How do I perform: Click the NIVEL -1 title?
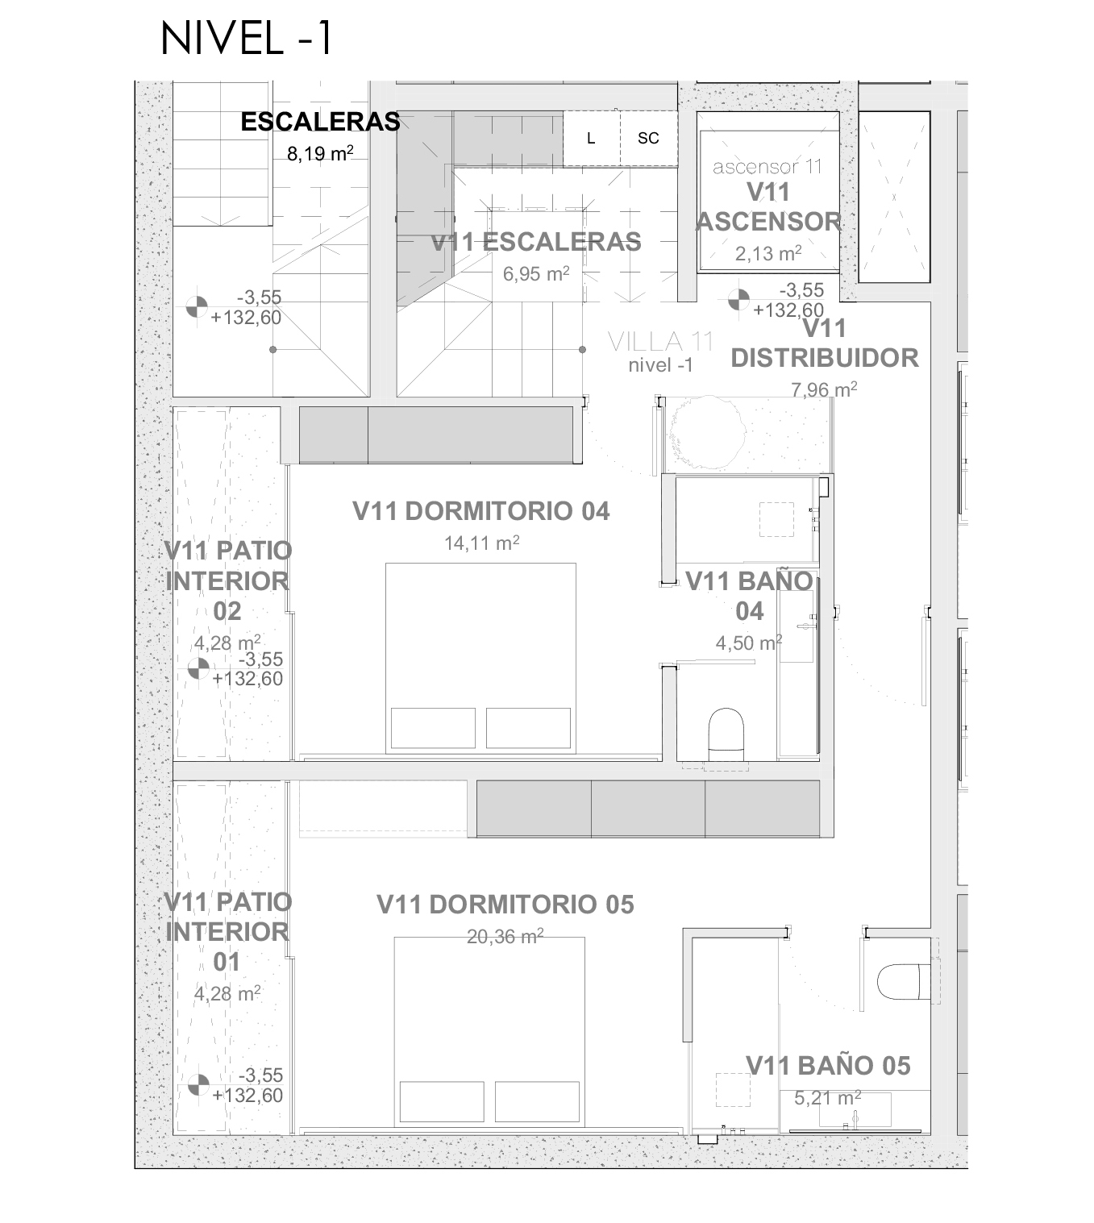tap(247, 39)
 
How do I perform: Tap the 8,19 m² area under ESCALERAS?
tap(320, 154)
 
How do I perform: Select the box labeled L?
tap(592, 138)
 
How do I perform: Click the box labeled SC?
tap(649, 138)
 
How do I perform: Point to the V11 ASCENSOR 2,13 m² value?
tap(768, 253)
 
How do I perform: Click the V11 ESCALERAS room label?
tap(536, 242)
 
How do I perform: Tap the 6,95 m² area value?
tap(536, 274)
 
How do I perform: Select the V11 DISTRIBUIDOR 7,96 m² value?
tap(824, 389)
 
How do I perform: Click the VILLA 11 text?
tap(660, 343)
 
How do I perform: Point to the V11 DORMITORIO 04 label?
tap(481, 511)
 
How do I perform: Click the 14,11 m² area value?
tap(482, 543)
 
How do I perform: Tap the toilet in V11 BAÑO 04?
tap(726, 734)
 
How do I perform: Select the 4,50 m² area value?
tap(749, 643)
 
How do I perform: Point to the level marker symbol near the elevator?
tap(739, 300)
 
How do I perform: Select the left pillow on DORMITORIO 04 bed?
tap(433, 728)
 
